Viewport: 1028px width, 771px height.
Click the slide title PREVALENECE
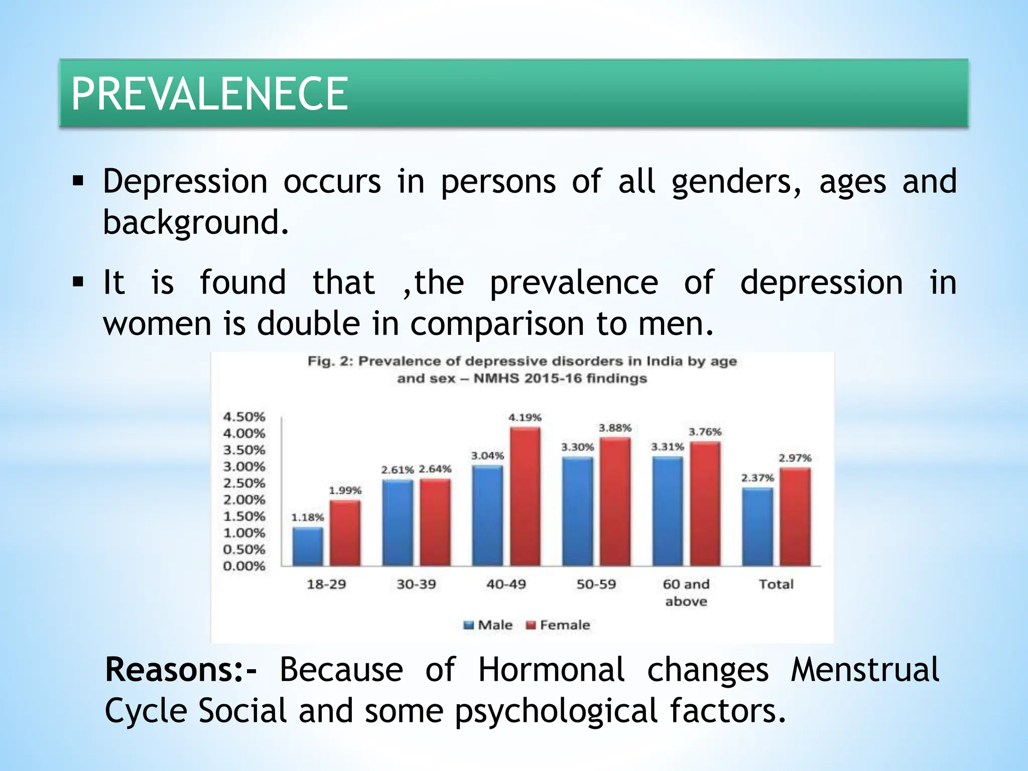click(209, 94)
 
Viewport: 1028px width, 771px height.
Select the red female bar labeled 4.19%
click(525, 497)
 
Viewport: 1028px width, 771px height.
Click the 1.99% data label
click(345, 490)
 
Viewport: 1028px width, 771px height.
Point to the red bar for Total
click(795, 517)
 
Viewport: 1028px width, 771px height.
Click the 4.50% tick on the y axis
click(244, 417)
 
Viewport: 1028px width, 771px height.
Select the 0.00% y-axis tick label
click(244, 566)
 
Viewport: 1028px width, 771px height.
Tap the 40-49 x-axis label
click(506, 584)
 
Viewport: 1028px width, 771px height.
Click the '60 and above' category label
click(686, 592)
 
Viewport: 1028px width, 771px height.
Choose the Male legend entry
click(488, 625)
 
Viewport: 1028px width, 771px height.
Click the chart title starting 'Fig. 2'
click(522, 369)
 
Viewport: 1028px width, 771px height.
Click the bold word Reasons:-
click(181, 670)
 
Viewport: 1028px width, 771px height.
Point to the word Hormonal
click(551, 670)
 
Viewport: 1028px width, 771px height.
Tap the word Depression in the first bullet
click(185, 181)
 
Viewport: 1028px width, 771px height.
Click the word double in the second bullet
click(308, 323)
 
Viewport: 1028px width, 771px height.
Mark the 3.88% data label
click(615, 428)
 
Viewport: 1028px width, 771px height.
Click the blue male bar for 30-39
click(397, 523)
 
